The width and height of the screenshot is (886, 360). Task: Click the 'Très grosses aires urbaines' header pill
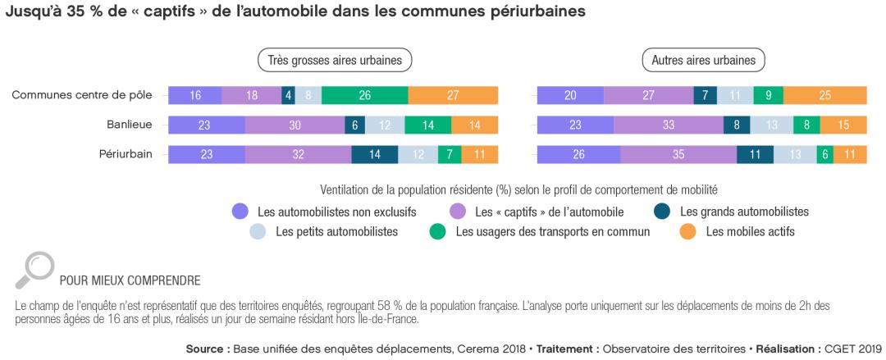(x=335, y=60)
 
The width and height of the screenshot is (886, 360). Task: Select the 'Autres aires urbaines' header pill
(x=703, y=60)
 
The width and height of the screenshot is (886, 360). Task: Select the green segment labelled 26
(x=365, y=95)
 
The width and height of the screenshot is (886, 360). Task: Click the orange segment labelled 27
(x=453, y=95)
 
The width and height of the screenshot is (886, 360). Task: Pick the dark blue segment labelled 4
(x=288, y=95)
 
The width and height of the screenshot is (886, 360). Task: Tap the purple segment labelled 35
(x=678, y=153)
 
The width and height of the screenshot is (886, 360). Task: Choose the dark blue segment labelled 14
(x=375, y=153)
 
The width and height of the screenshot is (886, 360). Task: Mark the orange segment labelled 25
(x=824, y=95)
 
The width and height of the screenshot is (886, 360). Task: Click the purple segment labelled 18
(x=252, y=95)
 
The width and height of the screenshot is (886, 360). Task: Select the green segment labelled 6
(x=823, y=153)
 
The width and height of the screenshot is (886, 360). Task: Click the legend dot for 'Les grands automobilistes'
(x=662, y=211)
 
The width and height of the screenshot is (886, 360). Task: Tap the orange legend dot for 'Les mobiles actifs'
(x=687, y=232)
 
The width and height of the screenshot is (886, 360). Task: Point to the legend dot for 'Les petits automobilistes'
(x=258, y=232)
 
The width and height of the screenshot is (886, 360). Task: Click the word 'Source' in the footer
(x=207, y=349)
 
